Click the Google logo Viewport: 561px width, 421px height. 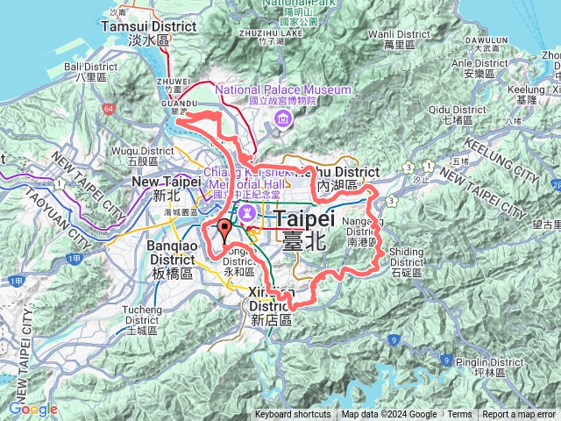[33, 409]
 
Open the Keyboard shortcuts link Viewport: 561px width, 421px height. [293, 415]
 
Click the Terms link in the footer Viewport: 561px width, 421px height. [458, 415]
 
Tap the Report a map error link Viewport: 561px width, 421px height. [518, 415]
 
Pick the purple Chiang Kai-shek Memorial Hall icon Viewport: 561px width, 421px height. [246, 213]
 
